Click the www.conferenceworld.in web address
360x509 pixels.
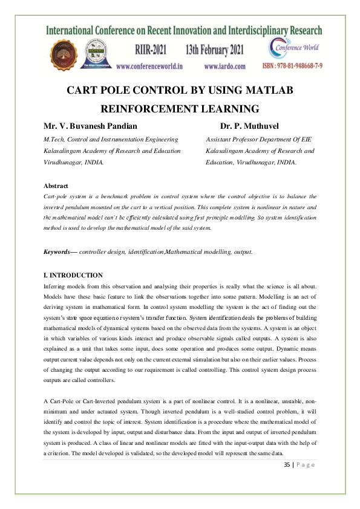tap(150, 66)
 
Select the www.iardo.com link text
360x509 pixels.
tap(224, 66)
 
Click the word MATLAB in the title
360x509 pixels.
tap(265, 91)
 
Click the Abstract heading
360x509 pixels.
tap(56, 186)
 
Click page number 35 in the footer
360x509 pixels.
tap(287, 464)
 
